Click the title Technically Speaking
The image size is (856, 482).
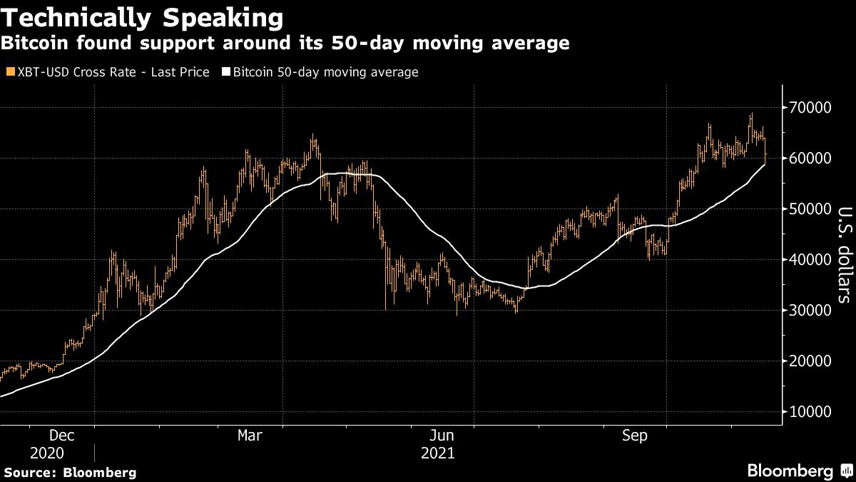141,17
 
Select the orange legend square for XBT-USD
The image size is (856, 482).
9,72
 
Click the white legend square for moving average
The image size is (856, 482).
227,72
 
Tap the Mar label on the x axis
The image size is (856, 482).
250,436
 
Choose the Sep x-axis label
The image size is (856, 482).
635,436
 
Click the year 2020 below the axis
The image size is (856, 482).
47,453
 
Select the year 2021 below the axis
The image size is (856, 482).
437,453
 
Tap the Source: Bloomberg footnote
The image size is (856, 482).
70,472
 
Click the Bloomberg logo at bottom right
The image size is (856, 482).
799,471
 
